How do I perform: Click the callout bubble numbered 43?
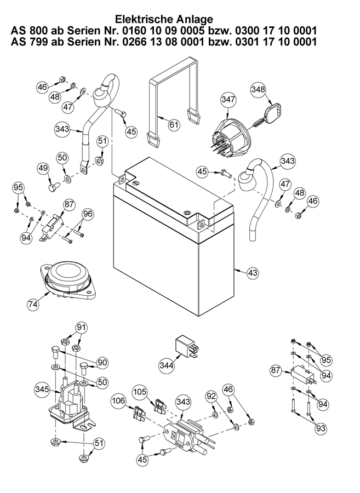(x=253, y=272)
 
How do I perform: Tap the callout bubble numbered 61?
(x=173, y=125)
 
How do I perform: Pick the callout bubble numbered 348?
(x=258, y=88)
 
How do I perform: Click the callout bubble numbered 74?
(x=33, y=302)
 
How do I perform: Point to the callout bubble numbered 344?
(x=167, y=365)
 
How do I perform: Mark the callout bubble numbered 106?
(x=119, y=402)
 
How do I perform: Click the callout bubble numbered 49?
(x=44, y=168)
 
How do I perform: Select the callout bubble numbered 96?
(x=88, y=214)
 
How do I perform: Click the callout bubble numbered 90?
(x=102, y=362)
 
